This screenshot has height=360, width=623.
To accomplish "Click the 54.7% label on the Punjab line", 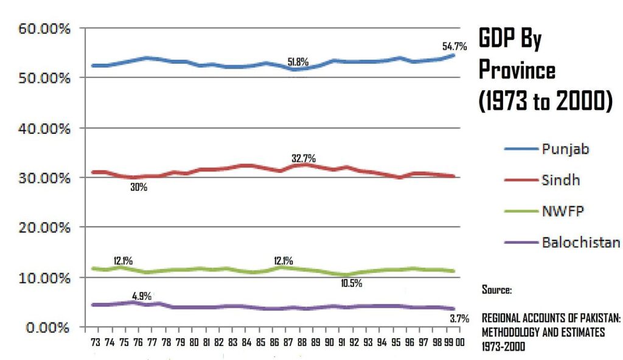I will coord(454,46).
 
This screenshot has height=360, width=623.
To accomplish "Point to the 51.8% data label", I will coord(298,62).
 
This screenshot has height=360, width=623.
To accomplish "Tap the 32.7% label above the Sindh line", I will coord(303,159).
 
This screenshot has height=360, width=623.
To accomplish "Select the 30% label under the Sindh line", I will coord(139,187).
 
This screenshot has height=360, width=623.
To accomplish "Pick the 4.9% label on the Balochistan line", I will coord(142,296).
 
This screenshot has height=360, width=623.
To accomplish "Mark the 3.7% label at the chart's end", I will coord(459,318).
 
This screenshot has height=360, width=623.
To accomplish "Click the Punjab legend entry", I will coord(566,149).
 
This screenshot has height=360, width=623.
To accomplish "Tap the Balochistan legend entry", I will coord(581,243).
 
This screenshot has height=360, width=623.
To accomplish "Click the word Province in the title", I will coord(517,70).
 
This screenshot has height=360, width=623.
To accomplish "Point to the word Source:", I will coord(496,290).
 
